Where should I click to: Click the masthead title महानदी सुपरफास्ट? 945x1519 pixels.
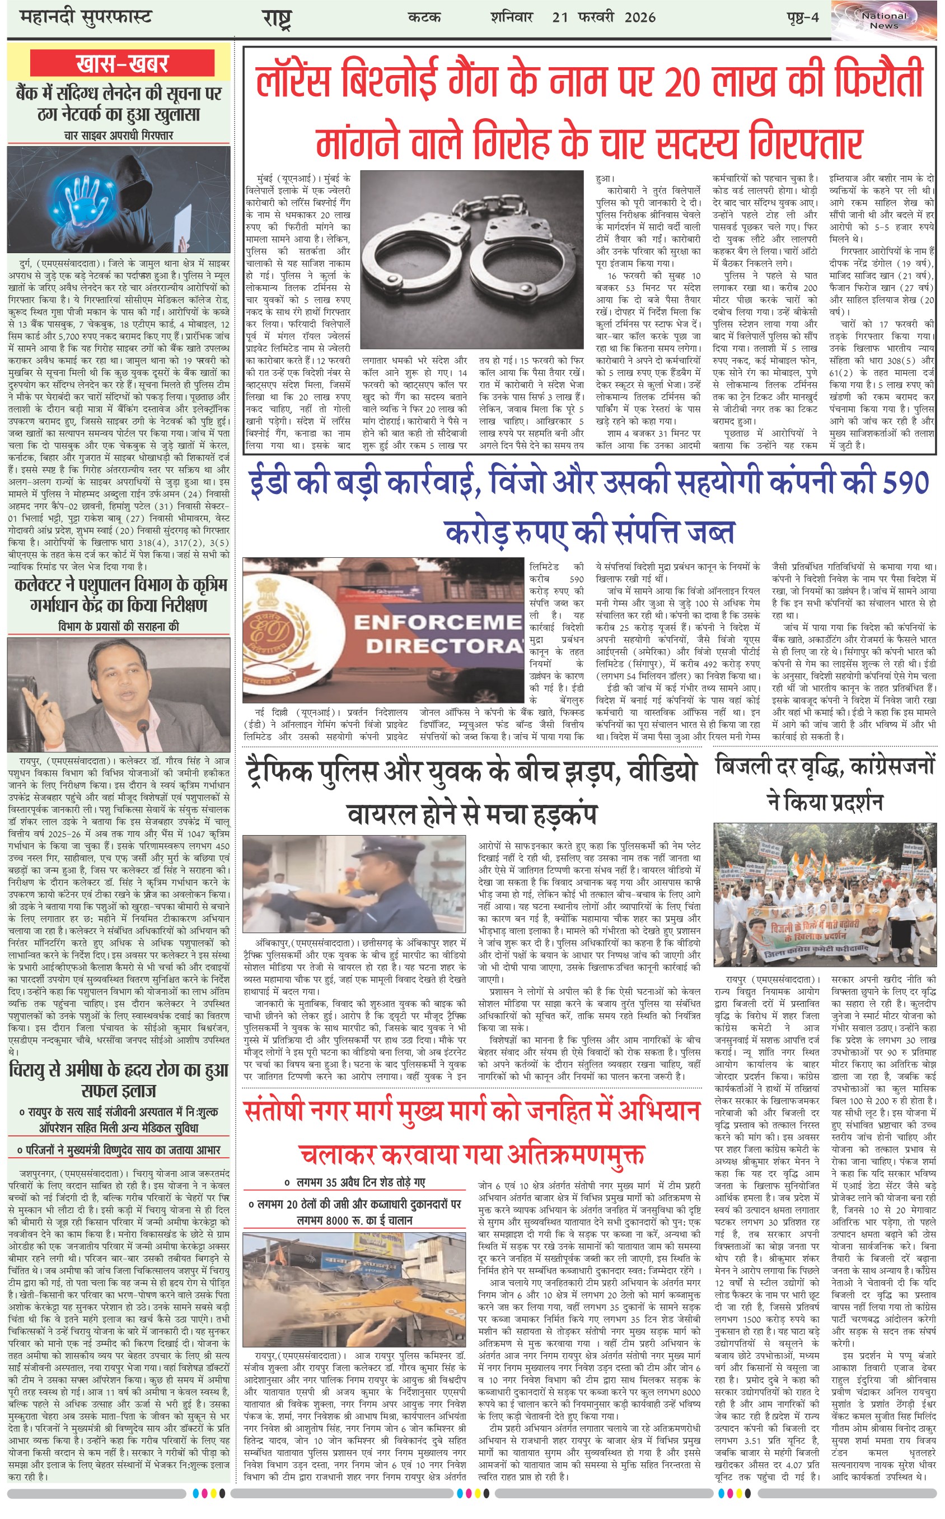[x=86, y=17]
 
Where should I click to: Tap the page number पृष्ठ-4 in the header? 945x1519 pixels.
[x=802, y=17]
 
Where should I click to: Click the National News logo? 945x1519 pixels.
[x=884, y=21]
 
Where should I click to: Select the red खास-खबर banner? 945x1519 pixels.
[x=122, y=64]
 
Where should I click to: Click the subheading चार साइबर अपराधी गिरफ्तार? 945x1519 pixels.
[x=119, y=136]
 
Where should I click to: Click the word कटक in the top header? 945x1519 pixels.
[x=424, y=17]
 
